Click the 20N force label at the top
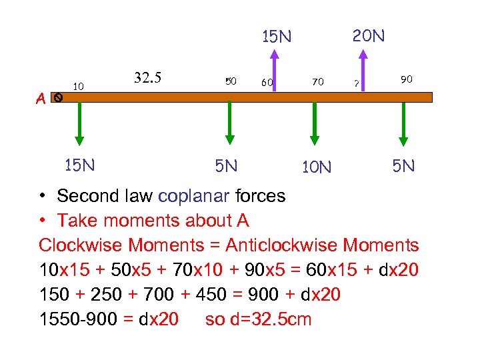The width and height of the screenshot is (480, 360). click(x=369, y=35)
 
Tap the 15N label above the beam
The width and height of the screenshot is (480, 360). click(x=276, y=37)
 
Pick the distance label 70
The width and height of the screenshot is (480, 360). click(x=317, y=82)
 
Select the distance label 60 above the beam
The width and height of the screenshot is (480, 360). click(x=267, y=83)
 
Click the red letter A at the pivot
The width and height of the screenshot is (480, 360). click(x=41, y=99)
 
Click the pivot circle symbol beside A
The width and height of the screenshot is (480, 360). click(x=58, y=97)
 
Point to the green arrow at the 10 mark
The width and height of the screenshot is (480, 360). click(x=79, y=123)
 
